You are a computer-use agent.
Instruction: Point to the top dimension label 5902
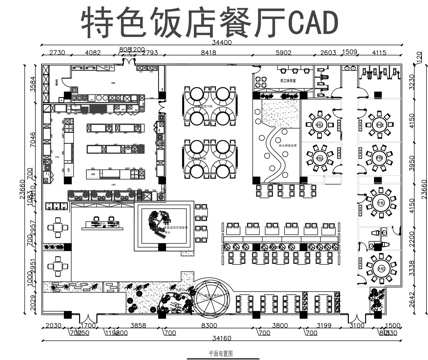[x=284, y=52]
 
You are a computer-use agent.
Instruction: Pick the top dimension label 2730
[x=56, y=52]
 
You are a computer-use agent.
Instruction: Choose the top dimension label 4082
[x=92, y=52]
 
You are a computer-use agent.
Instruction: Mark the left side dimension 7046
[x=33, y=143]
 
